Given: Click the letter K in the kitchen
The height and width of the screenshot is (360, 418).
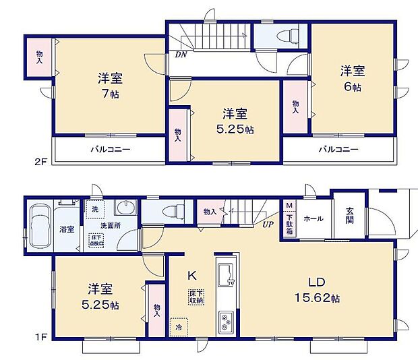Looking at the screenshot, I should [x=191, y=275].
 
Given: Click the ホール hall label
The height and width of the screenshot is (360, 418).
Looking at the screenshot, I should [x=313, y=218].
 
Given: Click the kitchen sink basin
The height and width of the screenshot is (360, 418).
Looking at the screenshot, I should [x=225, y=275].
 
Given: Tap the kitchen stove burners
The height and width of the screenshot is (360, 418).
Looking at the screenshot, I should [x=225, y=322].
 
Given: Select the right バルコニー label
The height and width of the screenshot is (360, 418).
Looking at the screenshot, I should [x=339, y=149].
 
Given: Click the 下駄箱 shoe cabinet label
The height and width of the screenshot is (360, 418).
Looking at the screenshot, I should [x=289, y=222].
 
